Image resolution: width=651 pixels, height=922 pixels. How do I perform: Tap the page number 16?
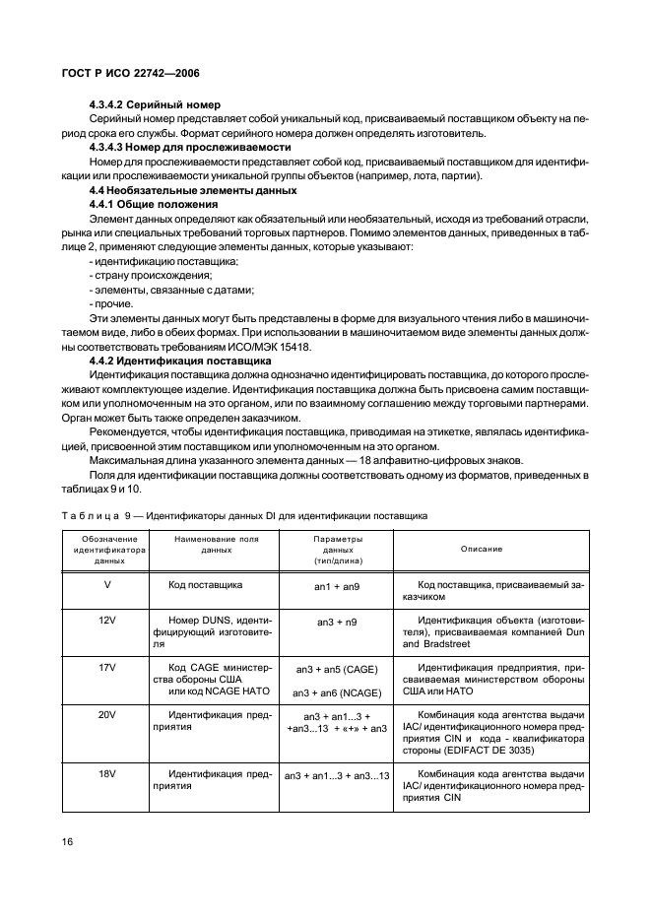tap(69, 842)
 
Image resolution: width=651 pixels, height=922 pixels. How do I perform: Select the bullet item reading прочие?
tap(110, 305)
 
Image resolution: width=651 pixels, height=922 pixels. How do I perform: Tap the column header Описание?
tap(481, 550)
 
